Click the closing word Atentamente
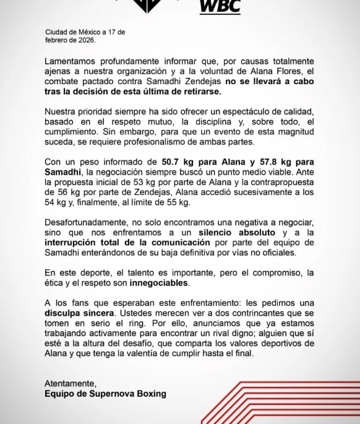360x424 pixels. click(x=70, y=383)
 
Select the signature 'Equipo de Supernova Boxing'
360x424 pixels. click(x=105, y=393)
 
